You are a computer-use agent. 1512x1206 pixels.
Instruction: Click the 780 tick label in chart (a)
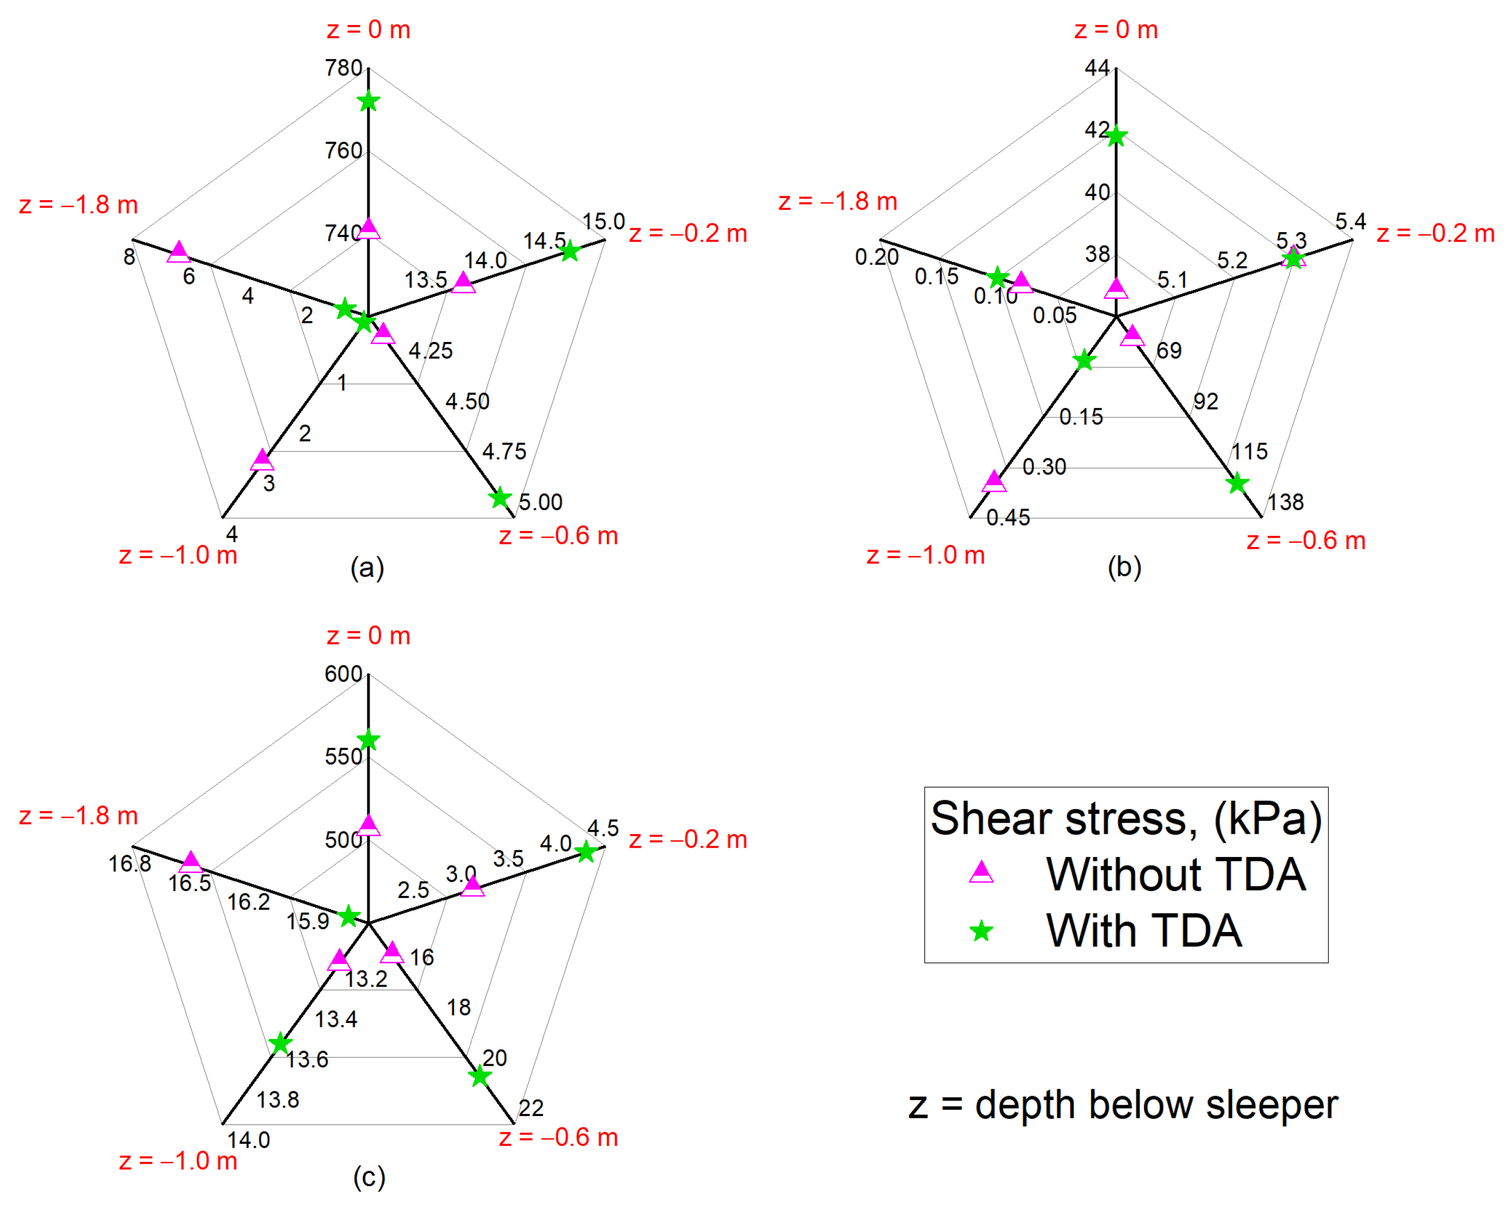pos(343,68)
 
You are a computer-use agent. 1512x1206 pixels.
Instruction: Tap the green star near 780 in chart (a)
pos(368,101)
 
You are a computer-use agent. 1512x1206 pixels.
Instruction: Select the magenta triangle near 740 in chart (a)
pos(368,229)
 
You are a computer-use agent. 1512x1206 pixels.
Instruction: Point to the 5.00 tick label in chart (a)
pos(540,502)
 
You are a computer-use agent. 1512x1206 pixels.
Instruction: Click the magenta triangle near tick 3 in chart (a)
pos(262,460)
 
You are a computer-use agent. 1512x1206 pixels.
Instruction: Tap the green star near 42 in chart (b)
pos(1116,136)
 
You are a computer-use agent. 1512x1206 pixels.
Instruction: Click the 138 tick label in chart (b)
pos(1285,502)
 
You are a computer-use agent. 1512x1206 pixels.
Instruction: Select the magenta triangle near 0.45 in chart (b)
pos(993,481)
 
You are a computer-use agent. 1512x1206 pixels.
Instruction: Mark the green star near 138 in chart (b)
pos(1237,483)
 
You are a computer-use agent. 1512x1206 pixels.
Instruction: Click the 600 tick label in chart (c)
pos(343,674)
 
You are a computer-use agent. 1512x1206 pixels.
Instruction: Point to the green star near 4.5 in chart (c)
pos(586,852)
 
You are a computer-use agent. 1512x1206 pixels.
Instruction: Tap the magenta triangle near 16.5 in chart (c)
pos(191,862)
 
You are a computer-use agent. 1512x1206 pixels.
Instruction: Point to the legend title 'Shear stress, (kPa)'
pos(1125,818)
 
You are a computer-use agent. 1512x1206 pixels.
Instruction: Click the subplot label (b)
pos(1124,566)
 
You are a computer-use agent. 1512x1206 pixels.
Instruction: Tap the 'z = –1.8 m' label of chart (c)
pos(78,816)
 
